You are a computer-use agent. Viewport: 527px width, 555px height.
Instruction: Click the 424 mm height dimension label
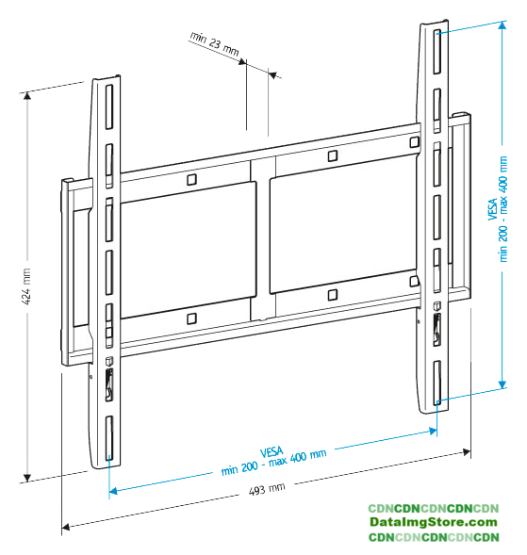(x=27, y=286)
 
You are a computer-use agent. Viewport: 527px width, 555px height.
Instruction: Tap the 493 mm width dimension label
(x=267, y=489)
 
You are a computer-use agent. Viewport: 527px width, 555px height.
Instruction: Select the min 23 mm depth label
(x=215, y=43)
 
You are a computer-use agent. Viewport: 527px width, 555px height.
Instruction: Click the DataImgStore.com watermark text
(x=434, y=522)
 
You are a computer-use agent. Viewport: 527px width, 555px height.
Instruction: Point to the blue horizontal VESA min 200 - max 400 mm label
(x=273, y=461)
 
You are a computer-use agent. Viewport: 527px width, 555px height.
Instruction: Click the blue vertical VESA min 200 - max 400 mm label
(x=498, y=209)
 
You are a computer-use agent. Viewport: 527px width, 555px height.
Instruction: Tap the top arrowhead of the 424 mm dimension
(x=27, y=95)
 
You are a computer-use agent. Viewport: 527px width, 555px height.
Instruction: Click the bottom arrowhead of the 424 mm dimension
(x=27, y=478)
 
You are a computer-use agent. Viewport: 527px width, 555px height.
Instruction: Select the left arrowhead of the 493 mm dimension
(x=65, y=527)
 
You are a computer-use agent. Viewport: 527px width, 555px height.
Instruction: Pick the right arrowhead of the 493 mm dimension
(x=467, y=451)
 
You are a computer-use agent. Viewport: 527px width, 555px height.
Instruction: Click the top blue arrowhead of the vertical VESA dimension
(x=502, y=24)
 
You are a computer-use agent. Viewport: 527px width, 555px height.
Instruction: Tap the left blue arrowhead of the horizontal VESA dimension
(x=113, y=491)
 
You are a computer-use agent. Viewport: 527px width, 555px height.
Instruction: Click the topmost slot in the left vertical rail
(x=109, y=106)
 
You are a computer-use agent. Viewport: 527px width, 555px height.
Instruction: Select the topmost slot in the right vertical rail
(x=437, y=52)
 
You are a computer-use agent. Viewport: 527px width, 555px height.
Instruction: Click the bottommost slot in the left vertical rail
(x=109, y=438)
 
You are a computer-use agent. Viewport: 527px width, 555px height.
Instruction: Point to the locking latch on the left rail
(x=109, y=384)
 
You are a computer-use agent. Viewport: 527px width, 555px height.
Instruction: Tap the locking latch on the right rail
(x=437, y=329)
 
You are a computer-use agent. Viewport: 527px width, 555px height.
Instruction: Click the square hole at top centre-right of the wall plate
(x=333, y=155)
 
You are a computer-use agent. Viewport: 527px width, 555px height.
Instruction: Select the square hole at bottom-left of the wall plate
(x=191, y=318)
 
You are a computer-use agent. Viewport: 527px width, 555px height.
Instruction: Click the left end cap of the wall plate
(x=67, y=272)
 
